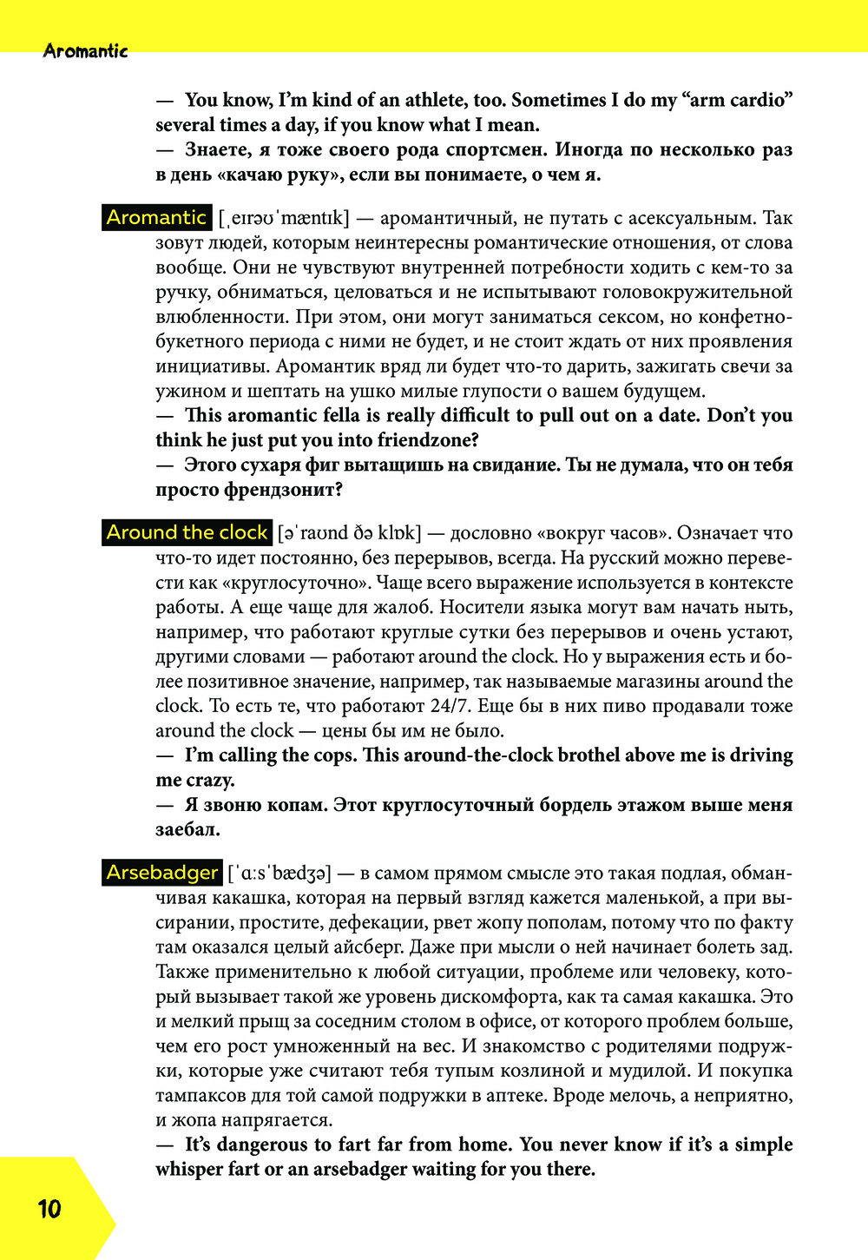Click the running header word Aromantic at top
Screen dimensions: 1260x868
85,51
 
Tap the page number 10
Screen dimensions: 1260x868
49,1209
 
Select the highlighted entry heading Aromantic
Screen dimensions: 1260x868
156,217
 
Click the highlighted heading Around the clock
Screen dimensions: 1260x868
187,532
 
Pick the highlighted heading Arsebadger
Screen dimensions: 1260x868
161,873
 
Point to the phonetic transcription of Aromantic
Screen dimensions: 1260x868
284,218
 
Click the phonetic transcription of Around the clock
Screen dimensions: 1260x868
349,533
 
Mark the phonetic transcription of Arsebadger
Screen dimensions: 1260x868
279,874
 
